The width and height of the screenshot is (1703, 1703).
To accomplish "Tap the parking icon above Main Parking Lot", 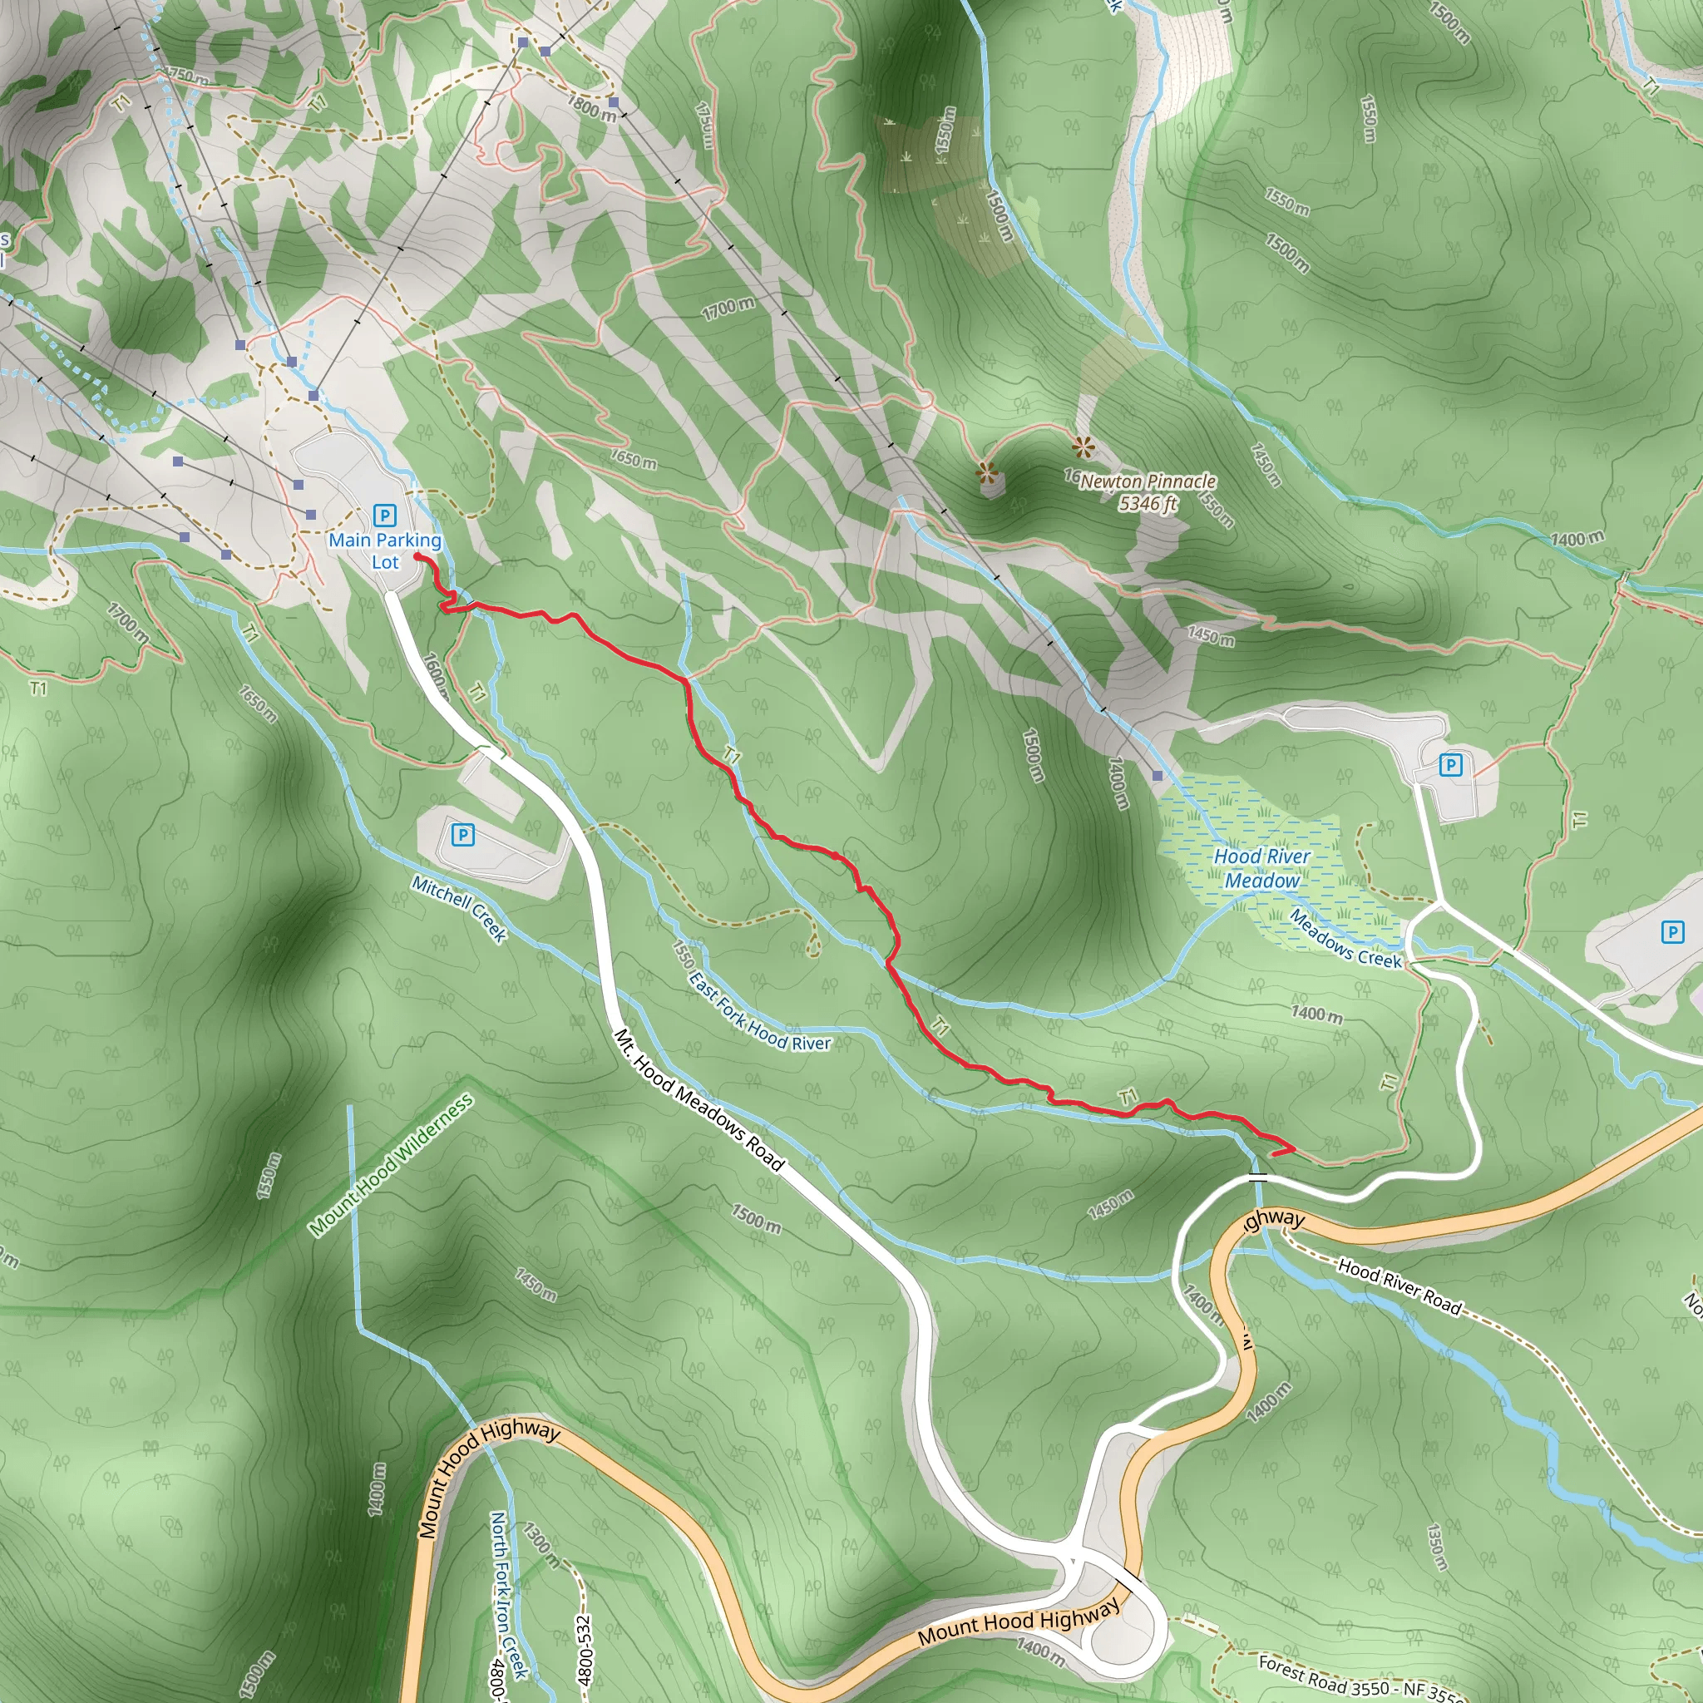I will point(384,516).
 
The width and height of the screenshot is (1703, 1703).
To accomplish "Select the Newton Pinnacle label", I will point(1148,481).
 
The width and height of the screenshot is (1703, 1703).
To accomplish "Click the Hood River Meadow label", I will point(1261,868).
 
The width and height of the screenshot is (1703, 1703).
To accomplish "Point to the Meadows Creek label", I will point(1345,940).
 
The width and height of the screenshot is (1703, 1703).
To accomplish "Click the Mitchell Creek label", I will point(459,909).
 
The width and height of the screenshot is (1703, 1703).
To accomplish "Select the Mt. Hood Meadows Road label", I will point(698,1099).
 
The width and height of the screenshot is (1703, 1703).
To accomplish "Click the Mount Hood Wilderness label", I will point(392,1163).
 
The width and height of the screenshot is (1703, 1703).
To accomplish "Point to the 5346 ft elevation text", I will point(1148,504).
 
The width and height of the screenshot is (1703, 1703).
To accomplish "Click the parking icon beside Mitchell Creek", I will point(463,834).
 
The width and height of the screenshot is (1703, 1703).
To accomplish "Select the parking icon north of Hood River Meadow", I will point(1450,765).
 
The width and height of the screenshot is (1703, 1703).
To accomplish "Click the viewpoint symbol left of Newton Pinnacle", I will point(987,474).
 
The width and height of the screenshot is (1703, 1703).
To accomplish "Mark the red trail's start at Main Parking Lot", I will point(417,557).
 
